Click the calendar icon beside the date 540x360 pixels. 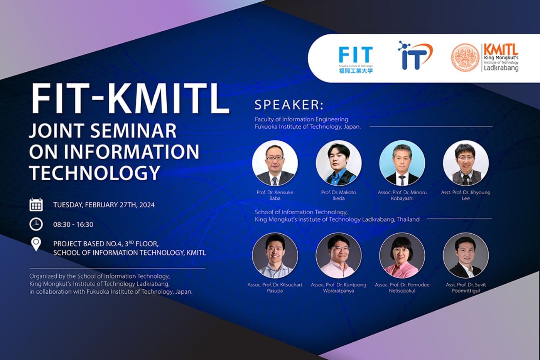coord(36,205)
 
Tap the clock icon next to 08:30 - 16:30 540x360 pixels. coord(36,224)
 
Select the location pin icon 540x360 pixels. coord(36,244)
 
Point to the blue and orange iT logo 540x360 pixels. coord(414,56)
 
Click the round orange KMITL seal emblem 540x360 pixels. coord(466,58)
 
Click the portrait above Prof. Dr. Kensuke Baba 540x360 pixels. coord(275,163)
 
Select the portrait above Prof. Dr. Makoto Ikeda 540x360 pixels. coord(339,163)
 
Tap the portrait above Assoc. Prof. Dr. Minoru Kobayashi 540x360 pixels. coord(402,163)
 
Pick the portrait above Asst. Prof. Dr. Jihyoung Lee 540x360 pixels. coord(466,163)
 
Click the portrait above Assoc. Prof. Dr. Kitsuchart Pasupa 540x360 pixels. coord(275,256)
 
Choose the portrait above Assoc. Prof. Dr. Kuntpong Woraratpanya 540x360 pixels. coord(339,256)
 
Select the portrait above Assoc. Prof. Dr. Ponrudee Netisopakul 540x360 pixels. coord(402,256)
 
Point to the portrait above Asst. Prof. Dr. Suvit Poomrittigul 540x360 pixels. coord(466,256)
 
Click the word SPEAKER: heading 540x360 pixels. coord(289,105)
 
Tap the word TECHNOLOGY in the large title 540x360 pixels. coord(94,172)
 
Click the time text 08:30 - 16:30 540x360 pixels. coord(73,225)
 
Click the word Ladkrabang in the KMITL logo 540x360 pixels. coord(501,68)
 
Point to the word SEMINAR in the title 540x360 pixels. coord(134,131)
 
